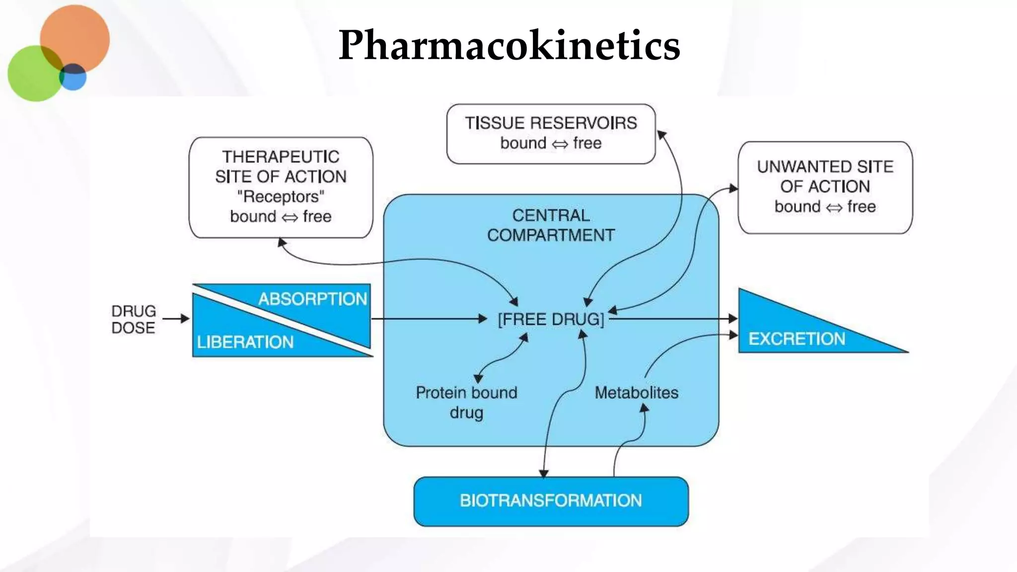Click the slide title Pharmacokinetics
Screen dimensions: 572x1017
[509, 45]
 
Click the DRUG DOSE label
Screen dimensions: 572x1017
[133, 319]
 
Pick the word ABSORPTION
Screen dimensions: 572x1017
[312, 299]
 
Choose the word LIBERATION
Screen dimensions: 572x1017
[245, 342]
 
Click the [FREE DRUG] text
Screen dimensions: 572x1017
[551, 319]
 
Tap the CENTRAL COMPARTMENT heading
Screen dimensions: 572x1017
[551, 225]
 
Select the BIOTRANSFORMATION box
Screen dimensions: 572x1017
[551, 500]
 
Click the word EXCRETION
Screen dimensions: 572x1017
[797, 339]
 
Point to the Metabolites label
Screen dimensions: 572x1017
[636, 393]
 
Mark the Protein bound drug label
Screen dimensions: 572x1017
[466, 402]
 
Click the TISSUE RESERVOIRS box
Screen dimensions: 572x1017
[551, 133]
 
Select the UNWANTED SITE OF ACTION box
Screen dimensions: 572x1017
[825, 187]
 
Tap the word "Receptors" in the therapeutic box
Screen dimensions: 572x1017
[281, 197]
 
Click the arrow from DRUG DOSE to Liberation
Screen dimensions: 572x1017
[176, 318]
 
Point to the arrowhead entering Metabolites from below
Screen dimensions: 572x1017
[644, 408]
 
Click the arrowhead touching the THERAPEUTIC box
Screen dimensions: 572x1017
[282, 243]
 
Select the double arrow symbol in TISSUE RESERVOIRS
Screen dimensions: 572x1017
[560, 144]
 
